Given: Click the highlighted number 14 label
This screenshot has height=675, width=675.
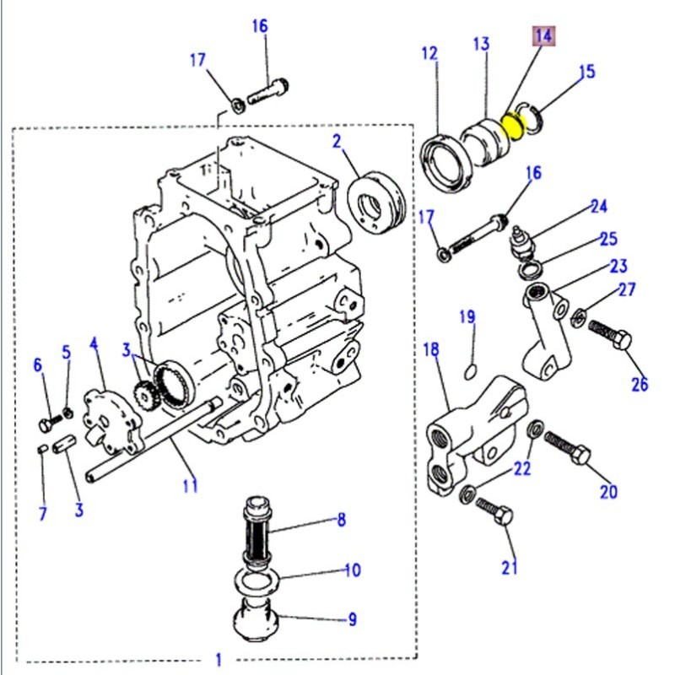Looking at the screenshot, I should click(541, 37).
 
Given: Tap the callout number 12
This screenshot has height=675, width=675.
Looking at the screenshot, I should click(429, 54).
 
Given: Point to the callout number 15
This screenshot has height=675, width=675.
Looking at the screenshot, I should click(586, 73).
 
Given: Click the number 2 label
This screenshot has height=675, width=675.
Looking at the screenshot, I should click(337, 141).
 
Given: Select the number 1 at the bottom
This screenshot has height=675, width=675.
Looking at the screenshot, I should click(219, 658).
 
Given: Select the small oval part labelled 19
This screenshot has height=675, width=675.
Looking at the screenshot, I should click(472, 370).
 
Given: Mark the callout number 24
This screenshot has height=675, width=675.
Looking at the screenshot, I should click(598, 206).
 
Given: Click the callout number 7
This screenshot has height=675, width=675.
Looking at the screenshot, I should click(42, 513).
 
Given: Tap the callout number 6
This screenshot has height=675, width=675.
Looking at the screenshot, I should click(37, 364).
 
